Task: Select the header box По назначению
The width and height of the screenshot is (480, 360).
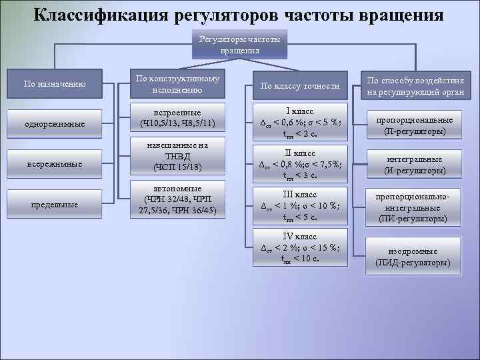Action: [54, 83]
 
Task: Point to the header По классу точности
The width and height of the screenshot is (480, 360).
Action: [299, 85]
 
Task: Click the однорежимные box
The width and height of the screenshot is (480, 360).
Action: [54, 124]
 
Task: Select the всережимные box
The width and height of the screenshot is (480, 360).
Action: [54, 163]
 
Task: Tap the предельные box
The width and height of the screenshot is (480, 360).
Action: [54, 204]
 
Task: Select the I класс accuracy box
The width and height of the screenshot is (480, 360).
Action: [300, 121]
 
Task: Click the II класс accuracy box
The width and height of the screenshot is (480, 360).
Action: [300, 164]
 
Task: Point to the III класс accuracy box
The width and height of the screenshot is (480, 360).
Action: [300, 206]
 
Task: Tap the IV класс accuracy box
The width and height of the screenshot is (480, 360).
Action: [300, 247]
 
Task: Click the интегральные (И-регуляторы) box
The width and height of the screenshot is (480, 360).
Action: [414, 165]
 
